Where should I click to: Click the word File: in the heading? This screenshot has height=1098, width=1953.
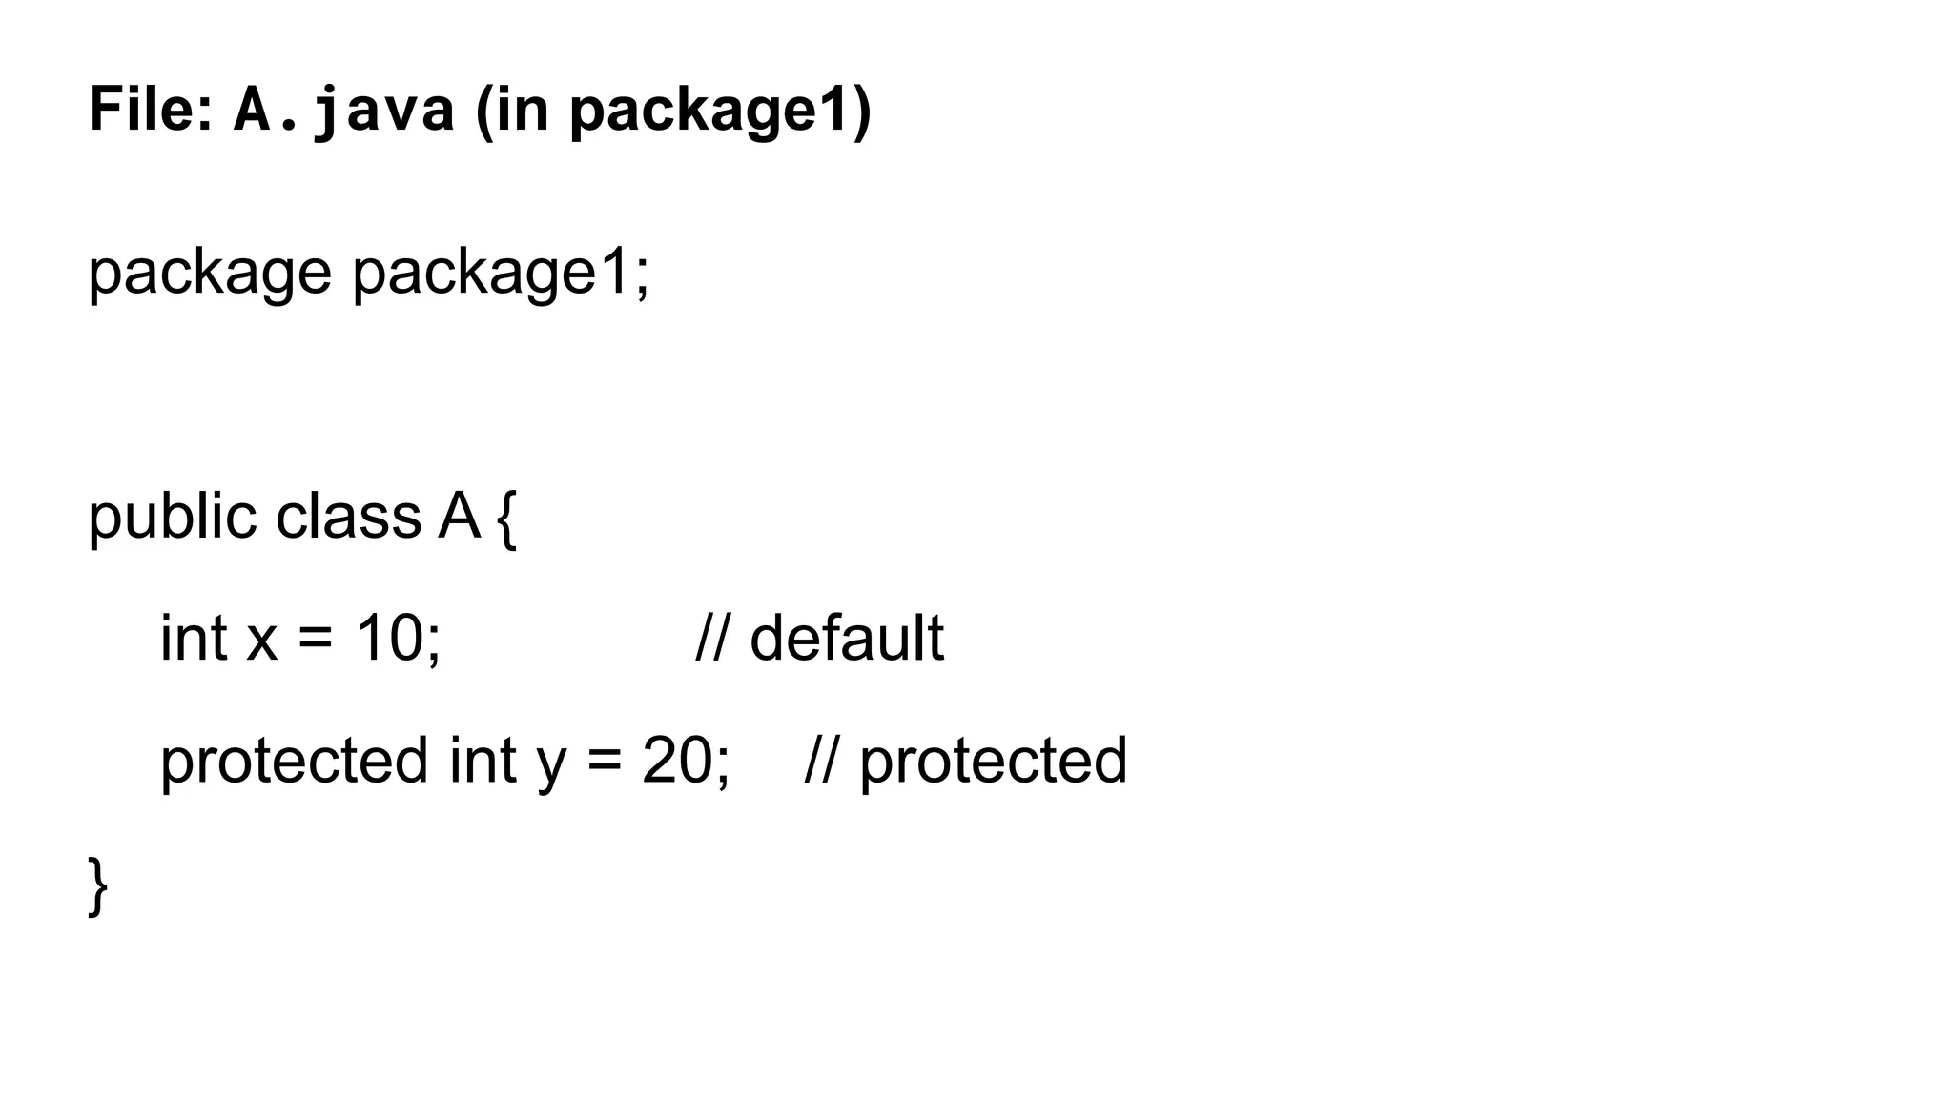click(x=151, y=109)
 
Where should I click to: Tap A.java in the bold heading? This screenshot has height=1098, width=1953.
click(x=343, y=111)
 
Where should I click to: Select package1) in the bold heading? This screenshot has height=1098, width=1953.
click(x=720, y=111)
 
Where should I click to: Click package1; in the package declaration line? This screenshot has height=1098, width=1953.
click(x=501, y=273)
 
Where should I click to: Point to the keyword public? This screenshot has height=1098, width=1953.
click(x=173, y=518)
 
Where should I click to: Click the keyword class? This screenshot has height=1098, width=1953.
click(x=348, y=516)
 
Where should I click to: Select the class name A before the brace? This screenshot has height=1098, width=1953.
click(x=459, y=516)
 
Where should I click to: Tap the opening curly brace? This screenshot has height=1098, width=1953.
click(x=507, y=519)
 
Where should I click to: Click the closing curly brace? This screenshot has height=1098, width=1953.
click(x=97, y=885)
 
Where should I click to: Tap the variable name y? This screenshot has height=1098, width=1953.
click(x=551, y=762)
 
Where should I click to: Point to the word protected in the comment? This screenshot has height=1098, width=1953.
click(x=993, y=762)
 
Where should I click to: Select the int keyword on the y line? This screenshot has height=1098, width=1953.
click(x=483, y=760)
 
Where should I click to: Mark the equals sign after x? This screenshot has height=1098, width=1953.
click(x=316, y=639)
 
